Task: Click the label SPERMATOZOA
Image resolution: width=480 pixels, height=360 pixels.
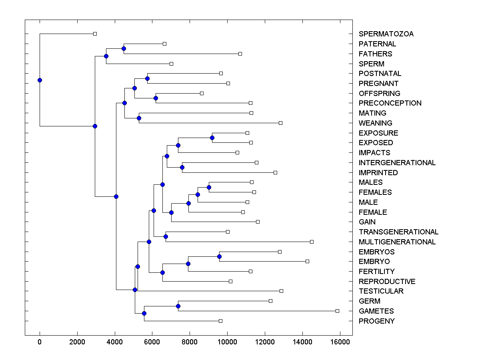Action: tap(386, 34)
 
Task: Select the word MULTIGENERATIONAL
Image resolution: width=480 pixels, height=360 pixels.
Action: tap(397, 242)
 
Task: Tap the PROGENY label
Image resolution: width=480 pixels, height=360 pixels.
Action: tap(376, 321)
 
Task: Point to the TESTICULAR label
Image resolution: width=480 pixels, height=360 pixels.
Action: tap(381, 291)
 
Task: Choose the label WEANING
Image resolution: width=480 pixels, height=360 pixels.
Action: tap(375, 123)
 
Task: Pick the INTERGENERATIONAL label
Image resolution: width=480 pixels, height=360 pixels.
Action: tap(397, 163)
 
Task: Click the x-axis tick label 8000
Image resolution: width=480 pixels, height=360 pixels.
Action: tap(190, 342)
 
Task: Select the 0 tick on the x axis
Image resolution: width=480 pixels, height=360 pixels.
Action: tap(40, 342)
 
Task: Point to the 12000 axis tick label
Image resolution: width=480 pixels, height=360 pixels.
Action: tap(265, 342)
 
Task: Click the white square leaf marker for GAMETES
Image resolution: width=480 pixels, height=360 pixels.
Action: tap(337, 311)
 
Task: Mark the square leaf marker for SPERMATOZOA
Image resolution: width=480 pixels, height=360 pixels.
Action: tap(95, 34)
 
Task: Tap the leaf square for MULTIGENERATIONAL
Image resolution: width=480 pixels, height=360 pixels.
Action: tap(312, 242)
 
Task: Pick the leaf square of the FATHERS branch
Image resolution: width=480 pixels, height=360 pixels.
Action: tap(240, 54)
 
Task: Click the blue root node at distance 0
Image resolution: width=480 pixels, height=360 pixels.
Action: tap(40, 80)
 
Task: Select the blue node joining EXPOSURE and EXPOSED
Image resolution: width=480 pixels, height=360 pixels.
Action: tap(212, 138)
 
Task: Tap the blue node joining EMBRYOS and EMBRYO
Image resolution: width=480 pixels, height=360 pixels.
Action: tap(219, 256)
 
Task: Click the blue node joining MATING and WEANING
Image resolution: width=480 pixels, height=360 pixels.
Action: tap(139, 118)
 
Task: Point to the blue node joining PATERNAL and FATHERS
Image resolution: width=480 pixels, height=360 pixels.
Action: tap(124, 48)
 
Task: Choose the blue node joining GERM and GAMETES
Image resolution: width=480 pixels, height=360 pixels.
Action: tap(178, 306)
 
